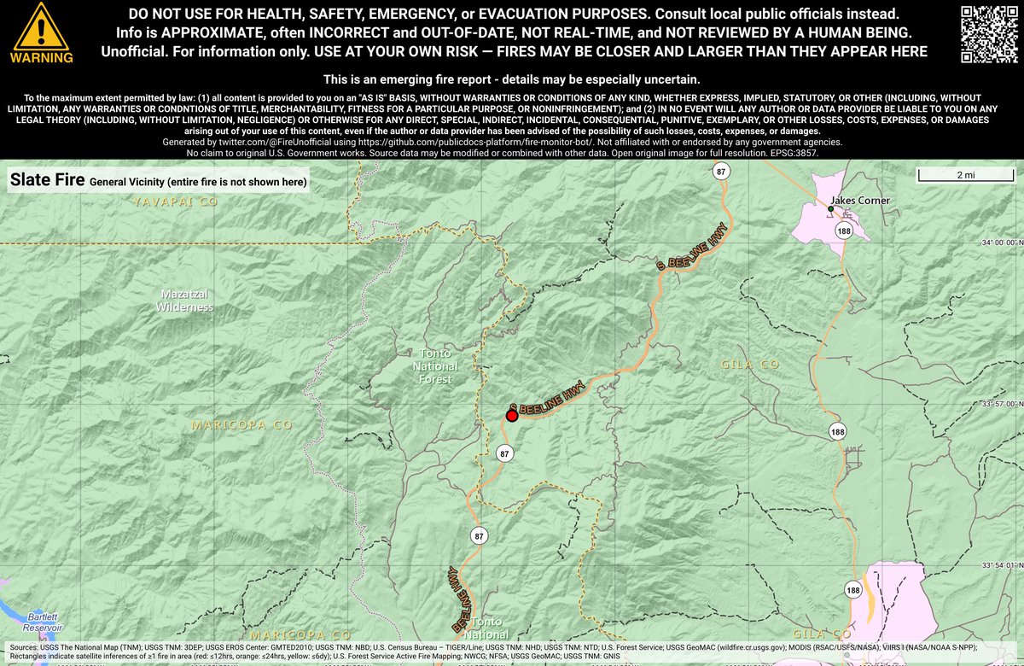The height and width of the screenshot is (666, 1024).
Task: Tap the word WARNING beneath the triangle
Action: click(x=41, y=58)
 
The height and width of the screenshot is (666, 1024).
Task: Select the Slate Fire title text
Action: click(x=47, y=181)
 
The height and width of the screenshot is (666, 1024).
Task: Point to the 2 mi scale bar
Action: click(x=966, y=175)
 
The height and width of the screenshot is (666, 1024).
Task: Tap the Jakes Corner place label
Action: click(x=860, y=202)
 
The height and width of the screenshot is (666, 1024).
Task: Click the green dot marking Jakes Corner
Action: click(x=831, y=208)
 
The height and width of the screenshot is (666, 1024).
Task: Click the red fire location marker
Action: click(x=512, y=416)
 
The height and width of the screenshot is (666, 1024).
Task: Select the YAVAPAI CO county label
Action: click(x=176, y=202)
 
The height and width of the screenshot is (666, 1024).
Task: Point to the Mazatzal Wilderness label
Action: click(x=184, y=300)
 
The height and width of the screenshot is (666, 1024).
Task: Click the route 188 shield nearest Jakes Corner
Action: click(x=845, y=231)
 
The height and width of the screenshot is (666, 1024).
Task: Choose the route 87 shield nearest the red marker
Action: click(x=504, y=453)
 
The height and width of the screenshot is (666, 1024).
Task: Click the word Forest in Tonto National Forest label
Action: click(x=435, y=378)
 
